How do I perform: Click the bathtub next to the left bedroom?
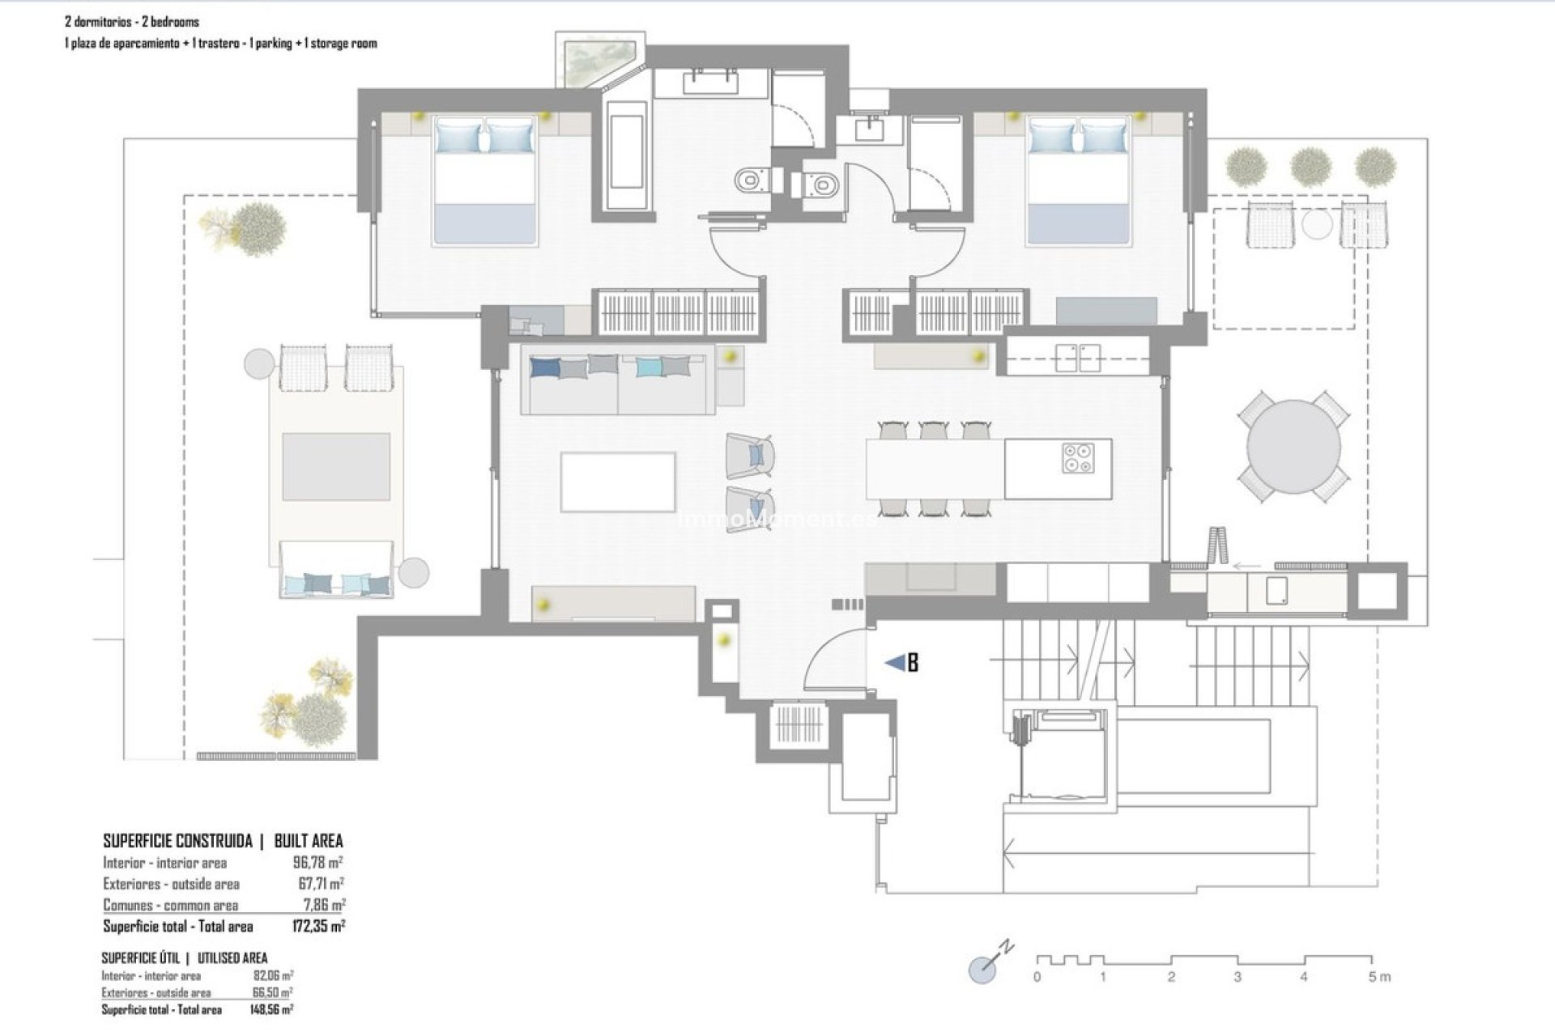point(626,153)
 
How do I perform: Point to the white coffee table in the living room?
point(618,482)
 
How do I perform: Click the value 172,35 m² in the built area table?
point(318,926)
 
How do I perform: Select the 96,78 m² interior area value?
point(318,863)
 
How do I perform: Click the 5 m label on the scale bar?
point(1378,978)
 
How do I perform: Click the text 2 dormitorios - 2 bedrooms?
point(131,22)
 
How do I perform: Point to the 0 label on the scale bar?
point(1037,978)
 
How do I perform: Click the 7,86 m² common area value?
point(323,905)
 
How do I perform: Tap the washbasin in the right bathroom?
point(871,127)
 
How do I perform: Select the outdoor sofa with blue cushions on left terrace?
point(336,571)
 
